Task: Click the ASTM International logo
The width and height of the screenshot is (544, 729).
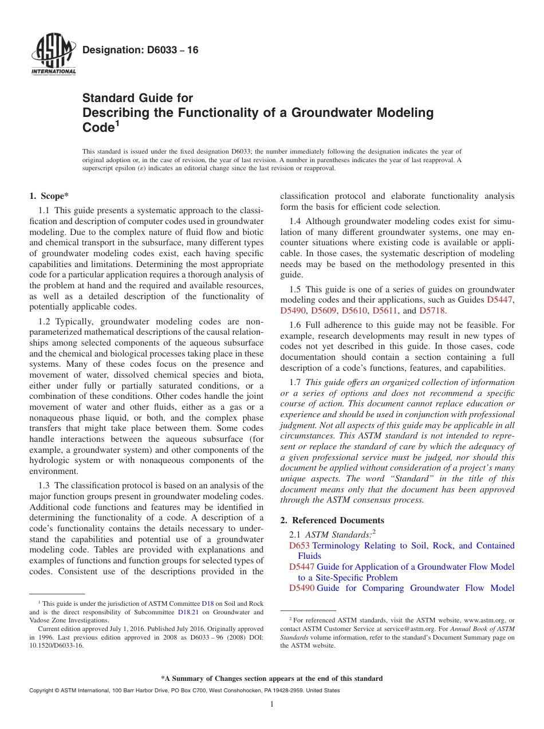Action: [x=53, y=56]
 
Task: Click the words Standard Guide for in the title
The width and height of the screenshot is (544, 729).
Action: [x=138, y=98]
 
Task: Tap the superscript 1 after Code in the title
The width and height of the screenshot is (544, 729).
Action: [x=117, y=123]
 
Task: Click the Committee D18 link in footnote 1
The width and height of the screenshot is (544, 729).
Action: [x=207, y=603]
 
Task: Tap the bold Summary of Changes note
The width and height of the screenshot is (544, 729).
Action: [x=272, y=679]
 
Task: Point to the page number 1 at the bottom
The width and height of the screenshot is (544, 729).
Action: [x=272, y=704]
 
